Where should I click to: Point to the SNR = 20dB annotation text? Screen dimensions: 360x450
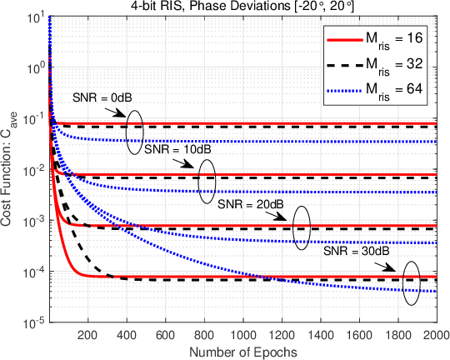[247, 203]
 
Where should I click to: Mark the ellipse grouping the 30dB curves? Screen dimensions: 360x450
[412, 282]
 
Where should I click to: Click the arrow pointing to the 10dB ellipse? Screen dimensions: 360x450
[186, 165]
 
